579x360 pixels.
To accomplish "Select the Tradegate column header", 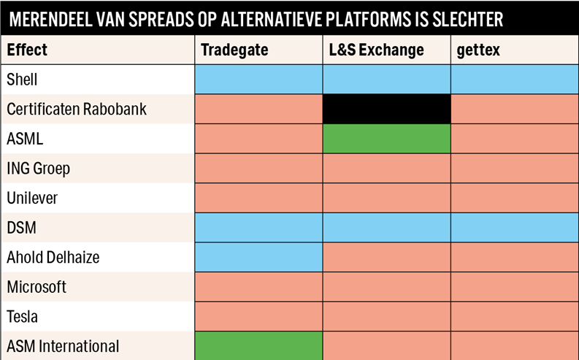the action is [x=234, y=50].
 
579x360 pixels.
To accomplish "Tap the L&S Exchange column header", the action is [x=376, y=50].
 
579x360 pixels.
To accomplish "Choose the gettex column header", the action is [x=478, y=50].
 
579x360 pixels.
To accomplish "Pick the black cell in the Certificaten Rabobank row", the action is [x=387, y=109].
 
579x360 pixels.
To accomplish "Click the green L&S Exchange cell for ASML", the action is [x=387, y=139].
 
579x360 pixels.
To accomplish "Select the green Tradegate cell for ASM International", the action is [x=258, y=345].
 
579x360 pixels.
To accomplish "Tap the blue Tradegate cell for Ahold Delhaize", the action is [x=258, y=257].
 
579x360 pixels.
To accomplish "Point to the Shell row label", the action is [x=22, y=80].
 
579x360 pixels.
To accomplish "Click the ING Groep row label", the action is [x=39, y=169].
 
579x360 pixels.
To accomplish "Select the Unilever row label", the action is [x=32, y=198].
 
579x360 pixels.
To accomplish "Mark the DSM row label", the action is [x=21, y=227].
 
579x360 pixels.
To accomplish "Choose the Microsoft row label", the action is [x=37, y=287].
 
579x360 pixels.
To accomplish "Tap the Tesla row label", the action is [x=22, y=316].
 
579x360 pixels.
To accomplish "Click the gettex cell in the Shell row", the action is [x=515, y=80].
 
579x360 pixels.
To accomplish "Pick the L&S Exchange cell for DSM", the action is [x=387, y=227].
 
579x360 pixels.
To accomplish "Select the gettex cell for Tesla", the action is [x=515, y=316].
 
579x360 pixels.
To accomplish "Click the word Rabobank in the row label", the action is [x=115, y=109].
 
